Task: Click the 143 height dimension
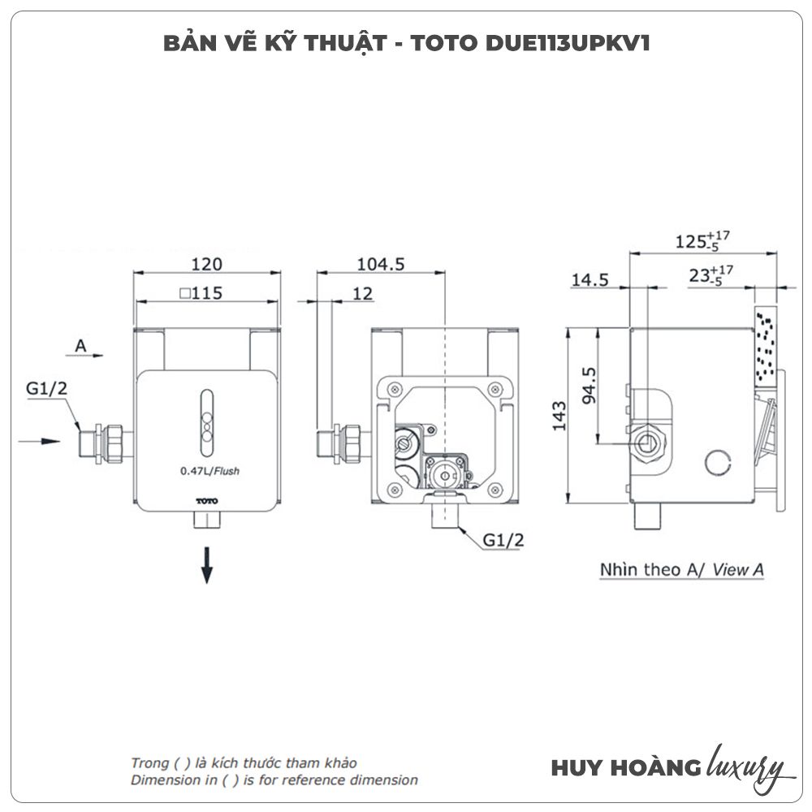560,415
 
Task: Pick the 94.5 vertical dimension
590,385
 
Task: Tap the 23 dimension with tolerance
709,274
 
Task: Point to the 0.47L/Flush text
210,469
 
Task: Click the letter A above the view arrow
80,345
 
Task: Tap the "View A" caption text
738,570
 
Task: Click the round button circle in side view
718,462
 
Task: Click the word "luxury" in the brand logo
746,767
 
